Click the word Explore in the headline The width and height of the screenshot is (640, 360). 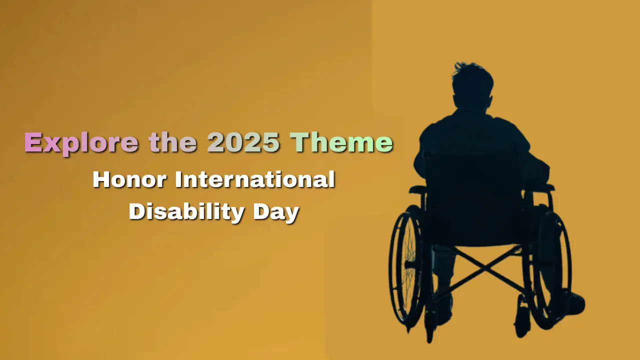tap(81, 142)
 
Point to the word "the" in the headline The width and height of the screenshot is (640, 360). tap(172, 142)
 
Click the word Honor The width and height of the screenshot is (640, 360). tap(128, 179)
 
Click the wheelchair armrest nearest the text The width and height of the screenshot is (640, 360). tap(417, 189)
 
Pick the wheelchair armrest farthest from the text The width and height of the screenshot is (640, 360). tap(545, 187)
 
